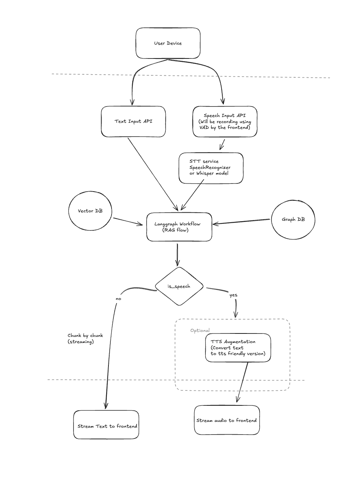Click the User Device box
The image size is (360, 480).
[x=168, y=43]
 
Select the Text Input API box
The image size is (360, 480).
[x=133, y=122]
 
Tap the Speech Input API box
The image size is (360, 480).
[x=225, y=122]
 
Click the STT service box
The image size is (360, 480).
[x=211, y=168]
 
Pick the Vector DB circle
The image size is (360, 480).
[x=90, y=211]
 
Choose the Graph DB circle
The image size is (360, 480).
[x=293, y=220]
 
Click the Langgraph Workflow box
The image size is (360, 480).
[x=179, y=227]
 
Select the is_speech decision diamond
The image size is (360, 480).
[x=179, y=287]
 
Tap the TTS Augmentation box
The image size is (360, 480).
[x=238, y=348]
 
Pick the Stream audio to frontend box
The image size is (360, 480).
[x=227, y=420]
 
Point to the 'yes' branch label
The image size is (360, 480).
[x=233, y=295]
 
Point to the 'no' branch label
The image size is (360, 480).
[x=118, y=298]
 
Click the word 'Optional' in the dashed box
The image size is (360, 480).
[x=200, y=330]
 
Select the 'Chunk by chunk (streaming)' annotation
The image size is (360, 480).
[x=85, y=338]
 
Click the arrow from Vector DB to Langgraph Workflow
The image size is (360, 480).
[x=128, y=222]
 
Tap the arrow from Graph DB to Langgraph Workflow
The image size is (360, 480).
[x=242, y=222]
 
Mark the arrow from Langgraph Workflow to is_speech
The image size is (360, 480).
[x=177, y=254]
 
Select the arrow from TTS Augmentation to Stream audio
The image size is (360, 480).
[x=242, y=383]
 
